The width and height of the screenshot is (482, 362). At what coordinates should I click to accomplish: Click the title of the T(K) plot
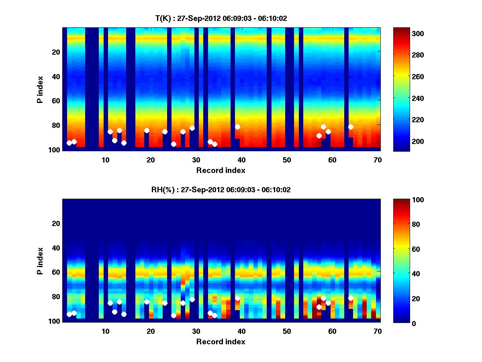pos(221,18)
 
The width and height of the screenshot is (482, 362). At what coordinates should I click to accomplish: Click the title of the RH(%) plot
pos(221,189)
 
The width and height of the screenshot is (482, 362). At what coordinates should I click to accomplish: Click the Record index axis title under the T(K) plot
pos(221,170)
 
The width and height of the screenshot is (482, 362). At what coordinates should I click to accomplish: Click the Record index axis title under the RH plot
pos(221,341)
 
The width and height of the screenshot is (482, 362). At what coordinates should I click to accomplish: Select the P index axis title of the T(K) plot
pos(40,89)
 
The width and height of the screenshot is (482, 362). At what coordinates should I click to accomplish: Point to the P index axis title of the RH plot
pos(40,260)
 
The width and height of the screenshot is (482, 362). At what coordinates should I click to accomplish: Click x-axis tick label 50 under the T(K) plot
pos(287,160)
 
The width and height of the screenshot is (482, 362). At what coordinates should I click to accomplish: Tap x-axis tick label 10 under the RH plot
pos(105,331)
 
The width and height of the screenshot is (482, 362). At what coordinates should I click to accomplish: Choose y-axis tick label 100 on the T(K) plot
pos(55,150)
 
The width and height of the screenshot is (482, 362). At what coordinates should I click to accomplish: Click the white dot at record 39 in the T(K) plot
pos(237,127)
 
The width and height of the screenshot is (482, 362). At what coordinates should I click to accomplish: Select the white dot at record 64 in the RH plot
pos(351,298)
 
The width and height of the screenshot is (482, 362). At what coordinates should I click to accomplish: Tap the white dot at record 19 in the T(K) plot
pos(147,131)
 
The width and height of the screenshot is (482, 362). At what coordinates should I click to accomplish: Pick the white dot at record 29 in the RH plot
pos(192,300)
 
